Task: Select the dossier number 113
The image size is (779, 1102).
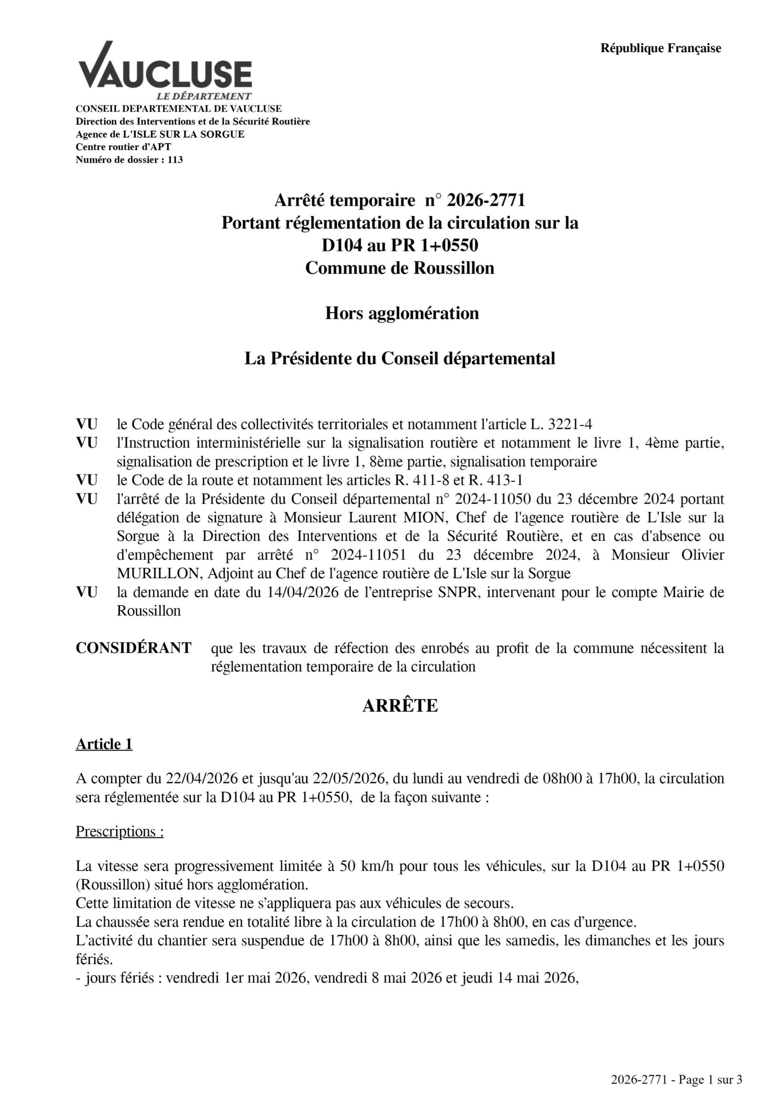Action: (175, 160)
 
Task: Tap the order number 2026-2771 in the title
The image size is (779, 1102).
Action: (486, 200)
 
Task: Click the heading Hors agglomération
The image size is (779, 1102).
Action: (401, 313)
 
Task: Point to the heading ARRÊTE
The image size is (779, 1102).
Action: (400, 706)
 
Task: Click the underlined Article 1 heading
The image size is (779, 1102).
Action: (104, 744)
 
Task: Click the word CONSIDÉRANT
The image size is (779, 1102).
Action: (133, 648)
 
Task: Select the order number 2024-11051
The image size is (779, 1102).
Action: (368, 555)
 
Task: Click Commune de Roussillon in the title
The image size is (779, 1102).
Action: (400, 268)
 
